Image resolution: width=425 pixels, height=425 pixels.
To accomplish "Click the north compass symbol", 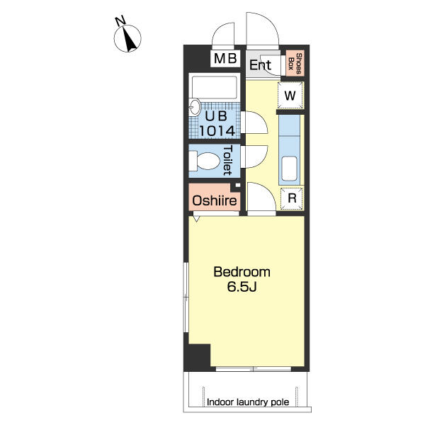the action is pos(127,38).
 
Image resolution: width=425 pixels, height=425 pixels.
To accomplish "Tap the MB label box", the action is pos(225,59).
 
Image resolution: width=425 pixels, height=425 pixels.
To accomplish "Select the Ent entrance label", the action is pos(260,65).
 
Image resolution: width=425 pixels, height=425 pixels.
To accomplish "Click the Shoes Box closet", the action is pos(295,64).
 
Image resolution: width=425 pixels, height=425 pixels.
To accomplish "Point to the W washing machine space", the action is pos(290,96).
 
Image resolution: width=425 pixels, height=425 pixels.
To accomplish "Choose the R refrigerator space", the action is pos(292,198).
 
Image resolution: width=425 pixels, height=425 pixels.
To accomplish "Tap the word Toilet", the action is pos(227,160).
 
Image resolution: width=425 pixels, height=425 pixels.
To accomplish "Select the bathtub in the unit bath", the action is pos(214,87).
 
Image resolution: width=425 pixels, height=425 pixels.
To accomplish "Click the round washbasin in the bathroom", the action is pos(195,106).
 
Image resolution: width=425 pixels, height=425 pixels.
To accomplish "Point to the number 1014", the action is pos(217,131).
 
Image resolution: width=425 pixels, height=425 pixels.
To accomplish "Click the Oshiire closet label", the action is pos(215,201).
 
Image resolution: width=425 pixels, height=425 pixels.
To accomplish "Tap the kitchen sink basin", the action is pos(289,169).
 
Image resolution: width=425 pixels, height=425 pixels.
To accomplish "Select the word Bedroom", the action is pos(242,272).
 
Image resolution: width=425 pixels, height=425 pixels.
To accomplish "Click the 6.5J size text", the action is pos(242,287).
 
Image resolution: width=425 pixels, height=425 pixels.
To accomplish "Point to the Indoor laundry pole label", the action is pos(248,402).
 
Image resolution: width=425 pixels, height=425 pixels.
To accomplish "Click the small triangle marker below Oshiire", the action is pos(196,218).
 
